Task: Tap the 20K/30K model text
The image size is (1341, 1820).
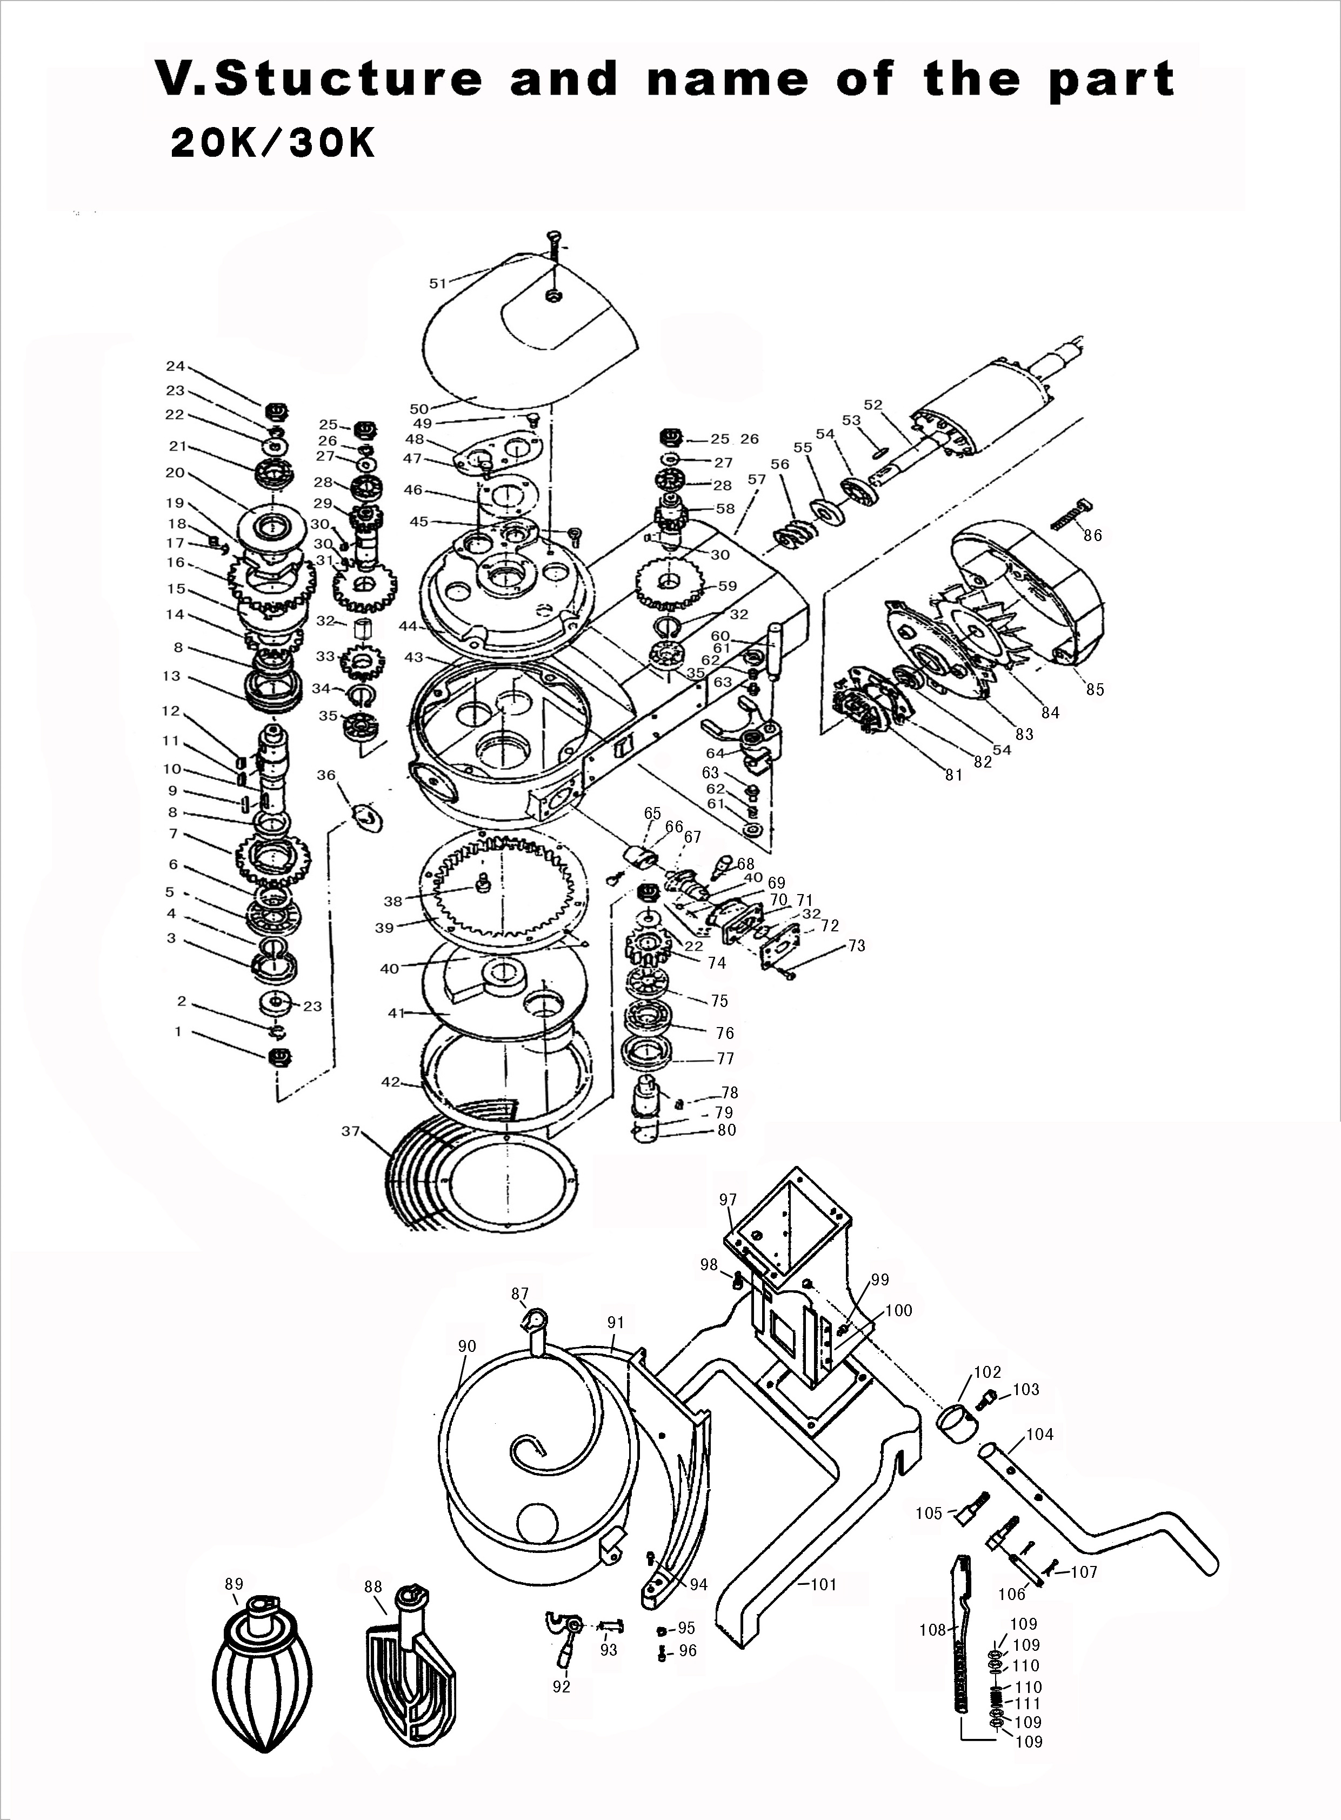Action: [273, 144]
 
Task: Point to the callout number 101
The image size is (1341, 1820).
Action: [823, 1584]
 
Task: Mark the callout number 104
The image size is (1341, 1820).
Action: [1040, 1435]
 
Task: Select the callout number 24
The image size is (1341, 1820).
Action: [175, 366]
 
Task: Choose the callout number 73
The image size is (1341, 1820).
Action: [856, 946]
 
